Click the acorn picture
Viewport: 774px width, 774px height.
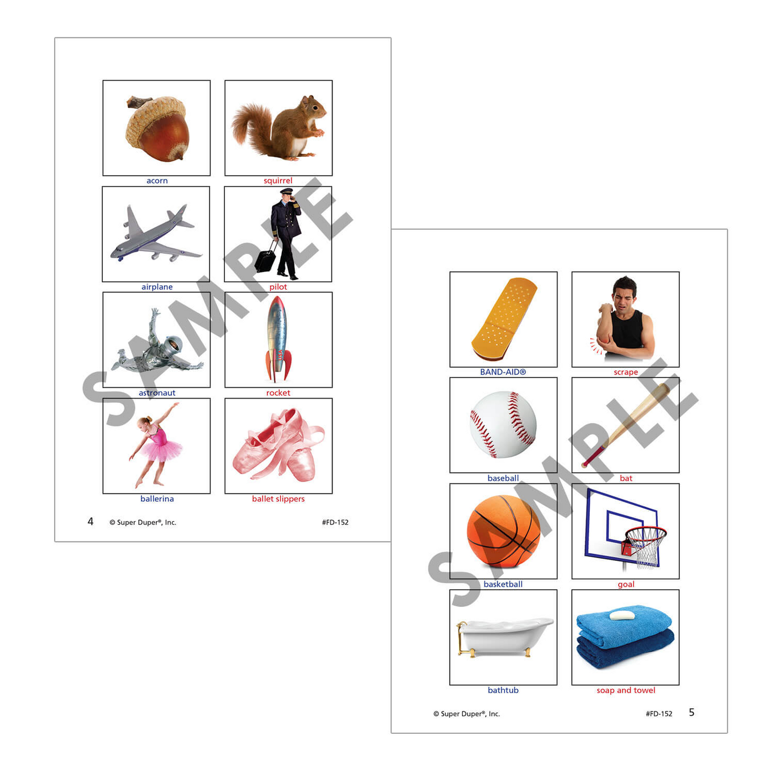tap(157, 129)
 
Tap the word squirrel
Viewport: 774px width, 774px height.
tap(277, 181)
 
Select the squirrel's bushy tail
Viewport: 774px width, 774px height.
tap(251, 124)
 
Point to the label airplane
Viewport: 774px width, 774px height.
tap(156, 287)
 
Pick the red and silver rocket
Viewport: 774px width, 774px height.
tap(277, 340)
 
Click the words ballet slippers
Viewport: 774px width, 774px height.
tap(278, 499)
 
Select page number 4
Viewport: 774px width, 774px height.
tap(91, 521)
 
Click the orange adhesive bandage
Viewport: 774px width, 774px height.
tap(504, 319)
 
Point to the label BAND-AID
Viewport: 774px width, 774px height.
tap(503, 372)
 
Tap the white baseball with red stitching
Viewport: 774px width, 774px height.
tap(502, 425)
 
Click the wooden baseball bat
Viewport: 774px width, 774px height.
tap(625, 425)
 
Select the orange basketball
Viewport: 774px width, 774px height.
tap(504, 531)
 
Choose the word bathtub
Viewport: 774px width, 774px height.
tap(503, 690)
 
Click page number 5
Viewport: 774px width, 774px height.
tap(692, 712)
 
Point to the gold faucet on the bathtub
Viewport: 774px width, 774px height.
tap(461, 626)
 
